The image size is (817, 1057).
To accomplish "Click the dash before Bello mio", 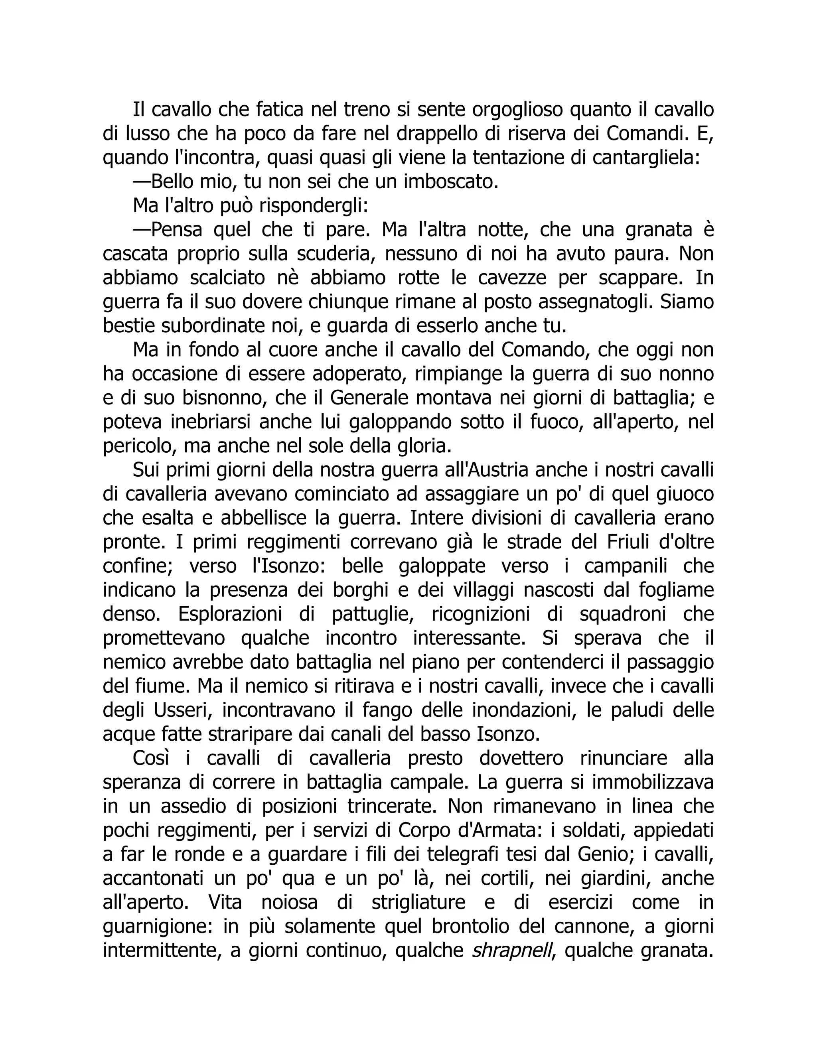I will click(x=142, y=182).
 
